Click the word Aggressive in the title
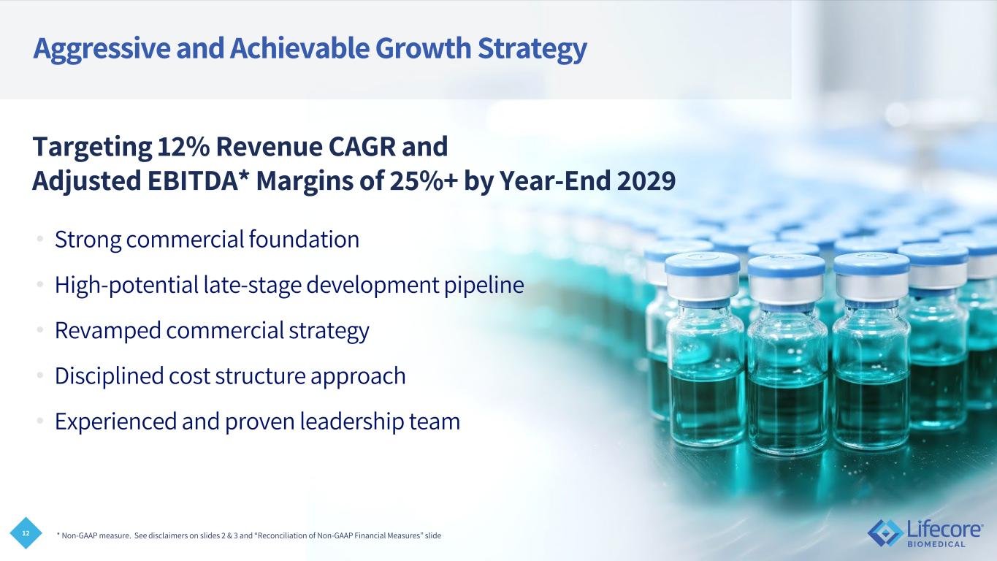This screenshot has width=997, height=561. (x=102, y=49)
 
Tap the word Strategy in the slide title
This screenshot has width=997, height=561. (x=532, y=49)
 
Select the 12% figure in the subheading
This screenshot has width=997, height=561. (x=183, y=147)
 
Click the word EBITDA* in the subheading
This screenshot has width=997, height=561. (x=198, y=180)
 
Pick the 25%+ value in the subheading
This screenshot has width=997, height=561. (x=424, y=180)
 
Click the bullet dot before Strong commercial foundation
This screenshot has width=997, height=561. (x=40, y=239)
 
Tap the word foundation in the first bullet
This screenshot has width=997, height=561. (x=304, y=239)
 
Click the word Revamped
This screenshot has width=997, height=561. (x=107, y=331)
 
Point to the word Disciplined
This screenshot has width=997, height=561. (x=109, y=375)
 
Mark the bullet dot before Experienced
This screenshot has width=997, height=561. (x=40, y=421)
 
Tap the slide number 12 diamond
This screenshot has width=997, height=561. (x=26, y=533)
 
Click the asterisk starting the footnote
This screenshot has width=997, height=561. (x=58, y=534)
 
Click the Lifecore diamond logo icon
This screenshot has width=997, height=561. (x=885, y=533)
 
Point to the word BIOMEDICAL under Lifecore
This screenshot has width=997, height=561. (x=936, y=544)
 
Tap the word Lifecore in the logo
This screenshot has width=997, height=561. (x=944, y=530)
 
